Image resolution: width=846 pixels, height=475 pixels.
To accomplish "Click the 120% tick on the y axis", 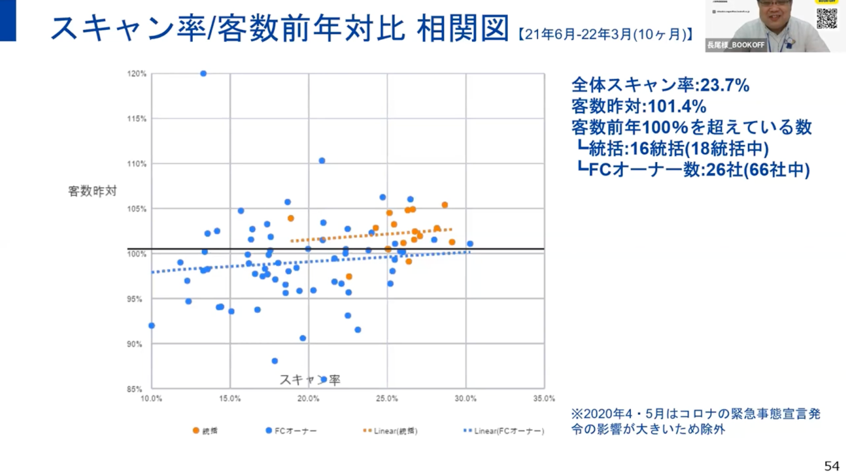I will tap(136, 74).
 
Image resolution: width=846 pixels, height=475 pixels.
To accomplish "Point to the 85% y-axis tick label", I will tap(134, 389).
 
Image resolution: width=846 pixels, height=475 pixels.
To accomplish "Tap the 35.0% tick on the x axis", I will tap(544, 398).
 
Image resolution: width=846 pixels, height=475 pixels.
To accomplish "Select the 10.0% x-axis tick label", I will tap(151, 398).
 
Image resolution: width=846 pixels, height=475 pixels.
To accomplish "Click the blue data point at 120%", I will tap(203, 73).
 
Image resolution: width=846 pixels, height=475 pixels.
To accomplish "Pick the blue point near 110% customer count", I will tap(321, 161).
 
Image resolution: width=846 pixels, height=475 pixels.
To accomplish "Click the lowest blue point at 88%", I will tap(274, 361).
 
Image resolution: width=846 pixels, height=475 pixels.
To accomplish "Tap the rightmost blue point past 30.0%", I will tap(470, 244).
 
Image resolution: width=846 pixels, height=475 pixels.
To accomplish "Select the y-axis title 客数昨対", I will tap(92, 191).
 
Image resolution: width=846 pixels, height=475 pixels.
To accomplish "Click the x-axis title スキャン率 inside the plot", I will tap(310, 379).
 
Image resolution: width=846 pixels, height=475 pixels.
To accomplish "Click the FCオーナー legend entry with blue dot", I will tap(291, 431).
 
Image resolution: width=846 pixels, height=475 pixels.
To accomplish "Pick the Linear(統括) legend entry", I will tap(390, 431).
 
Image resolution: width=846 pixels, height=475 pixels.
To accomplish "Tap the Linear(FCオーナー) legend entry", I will tap(503, 431).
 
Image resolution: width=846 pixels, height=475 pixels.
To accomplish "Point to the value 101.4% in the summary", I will tap(677, 106).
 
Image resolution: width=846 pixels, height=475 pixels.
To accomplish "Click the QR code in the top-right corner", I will tap(826, 17).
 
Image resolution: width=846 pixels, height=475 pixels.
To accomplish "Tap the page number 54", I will tap(831, 465).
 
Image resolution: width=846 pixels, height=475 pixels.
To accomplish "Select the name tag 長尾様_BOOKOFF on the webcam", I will tap(735, 45).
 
